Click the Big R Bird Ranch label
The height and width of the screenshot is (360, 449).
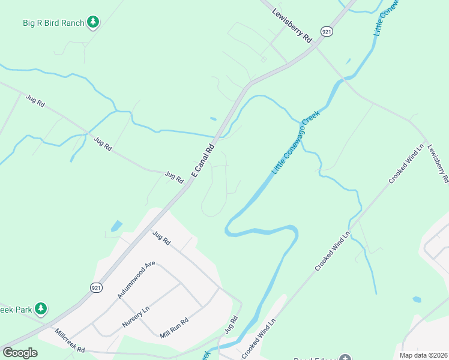tap(53, 23)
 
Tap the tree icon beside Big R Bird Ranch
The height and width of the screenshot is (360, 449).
tap(92, 23)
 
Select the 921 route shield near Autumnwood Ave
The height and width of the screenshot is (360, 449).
tap(96, 288)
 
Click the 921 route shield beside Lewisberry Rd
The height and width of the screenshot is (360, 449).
tap(326, 32)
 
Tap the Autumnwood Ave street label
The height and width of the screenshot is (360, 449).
tap(136, 280)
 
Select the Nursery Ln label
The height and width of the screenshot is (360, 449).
tap(135, 317)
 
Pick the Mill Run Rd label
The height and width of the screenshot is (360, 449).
tap(174, 328)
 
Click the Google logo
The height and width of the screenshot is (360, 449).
tap(20, 353)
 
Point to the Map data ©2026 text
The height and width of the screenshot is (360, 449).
tap(423, 355)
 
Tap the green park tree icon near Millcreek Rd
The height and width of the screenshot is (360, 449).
tap(40, 309)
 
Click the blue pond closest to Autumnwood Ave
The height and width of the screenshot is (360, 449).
tap(116, 226)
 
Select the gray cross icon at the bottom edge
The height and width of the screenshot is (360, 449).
tap(344, 358)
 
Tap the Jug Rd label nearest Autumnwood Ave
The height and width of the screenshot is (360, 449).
tap(161, 238)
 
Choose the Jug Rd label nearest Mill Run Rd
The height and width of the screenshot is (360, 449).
tap(231, 325)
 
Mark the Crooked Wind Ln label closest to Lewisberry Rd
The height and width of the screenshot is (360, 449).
tap(406, 163)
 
